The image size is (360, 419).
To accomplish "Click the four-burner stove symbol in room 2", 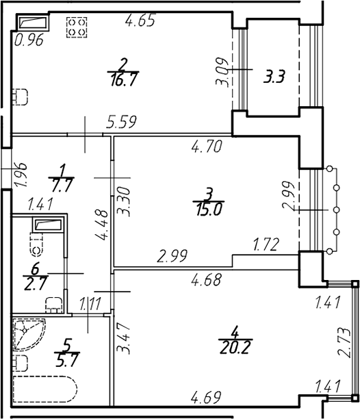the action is pos(77,27).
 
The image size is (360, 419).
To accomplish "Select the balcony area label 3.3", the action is pos(274,77).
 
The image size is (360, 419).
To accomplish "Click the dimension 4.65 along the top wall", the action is pos(140,21).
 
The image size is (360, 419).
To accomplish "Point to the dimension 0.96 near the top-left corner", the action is pos(29,40).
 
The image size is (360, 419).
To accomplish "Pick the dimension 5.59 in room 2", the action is pos(121,122).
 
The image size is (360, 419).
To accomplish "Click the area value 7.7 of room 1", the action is pos(62,185).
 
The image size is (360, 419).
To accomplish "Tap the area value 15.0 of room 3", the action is pos(209,209).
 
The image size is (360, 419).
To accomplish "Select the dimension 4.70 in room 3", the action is pos(207,147).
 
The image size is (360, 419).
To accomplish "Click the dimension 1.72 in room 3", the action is pos(266,244).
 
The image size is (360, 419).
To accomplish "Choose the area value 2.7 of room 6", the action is pos(36,283).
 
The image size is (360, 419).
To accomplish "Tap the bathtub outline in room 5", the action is pos(45,391).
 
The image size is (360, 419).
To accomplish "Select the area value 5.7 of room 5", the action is pos(67,360).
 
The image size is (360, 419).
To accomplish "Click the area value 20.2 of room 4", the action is pos(235,347).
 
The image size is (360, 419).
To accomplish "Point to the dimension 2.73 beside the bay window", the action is pos(344,342).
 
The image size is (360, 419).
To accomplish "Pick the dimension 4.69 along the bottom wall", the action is pos(206,397).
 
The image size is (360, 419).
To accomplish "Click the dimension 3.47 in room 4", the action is pos(124,339).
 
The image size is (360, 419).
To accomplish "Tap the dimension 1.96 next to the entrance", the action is pos(21,174).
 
